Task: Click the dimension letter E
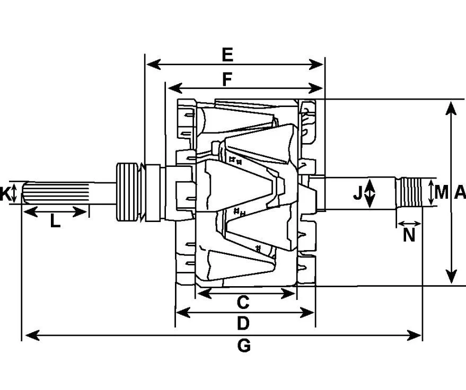[x=227, y=55]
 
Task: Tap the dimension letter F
[x=227, y=79]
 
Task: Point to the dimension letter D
[x=243, y=323]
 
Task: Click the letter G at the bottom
[x=244, y=345]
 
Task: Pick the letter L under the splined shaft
[x=55, y=221]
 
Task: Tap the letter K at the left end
[x=4, y=193]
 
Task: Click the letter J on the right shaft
[x=358, y=193]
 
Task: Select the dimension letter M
[x=441, y=192]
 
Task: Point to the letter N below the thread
[x=409, y=235]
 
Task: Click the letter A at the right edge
[x=460, y=192]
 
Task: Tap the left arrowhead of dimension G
[x=33, y=335]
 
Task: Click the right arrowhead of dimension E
[x=316, y=64]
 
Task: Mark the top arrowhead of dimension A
[x=451, y=108]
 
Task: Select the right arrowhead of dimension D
[x=307, y=313]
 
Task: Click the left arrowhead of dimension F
[x=175, y=88]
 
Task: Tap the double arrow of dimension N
[x=409, y=224]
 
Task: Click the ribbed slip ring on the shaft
[x=127, y=192]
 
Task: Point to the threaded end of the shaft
[x=411, y=192]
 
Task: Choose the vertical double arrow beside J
[x=370, y=193]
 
